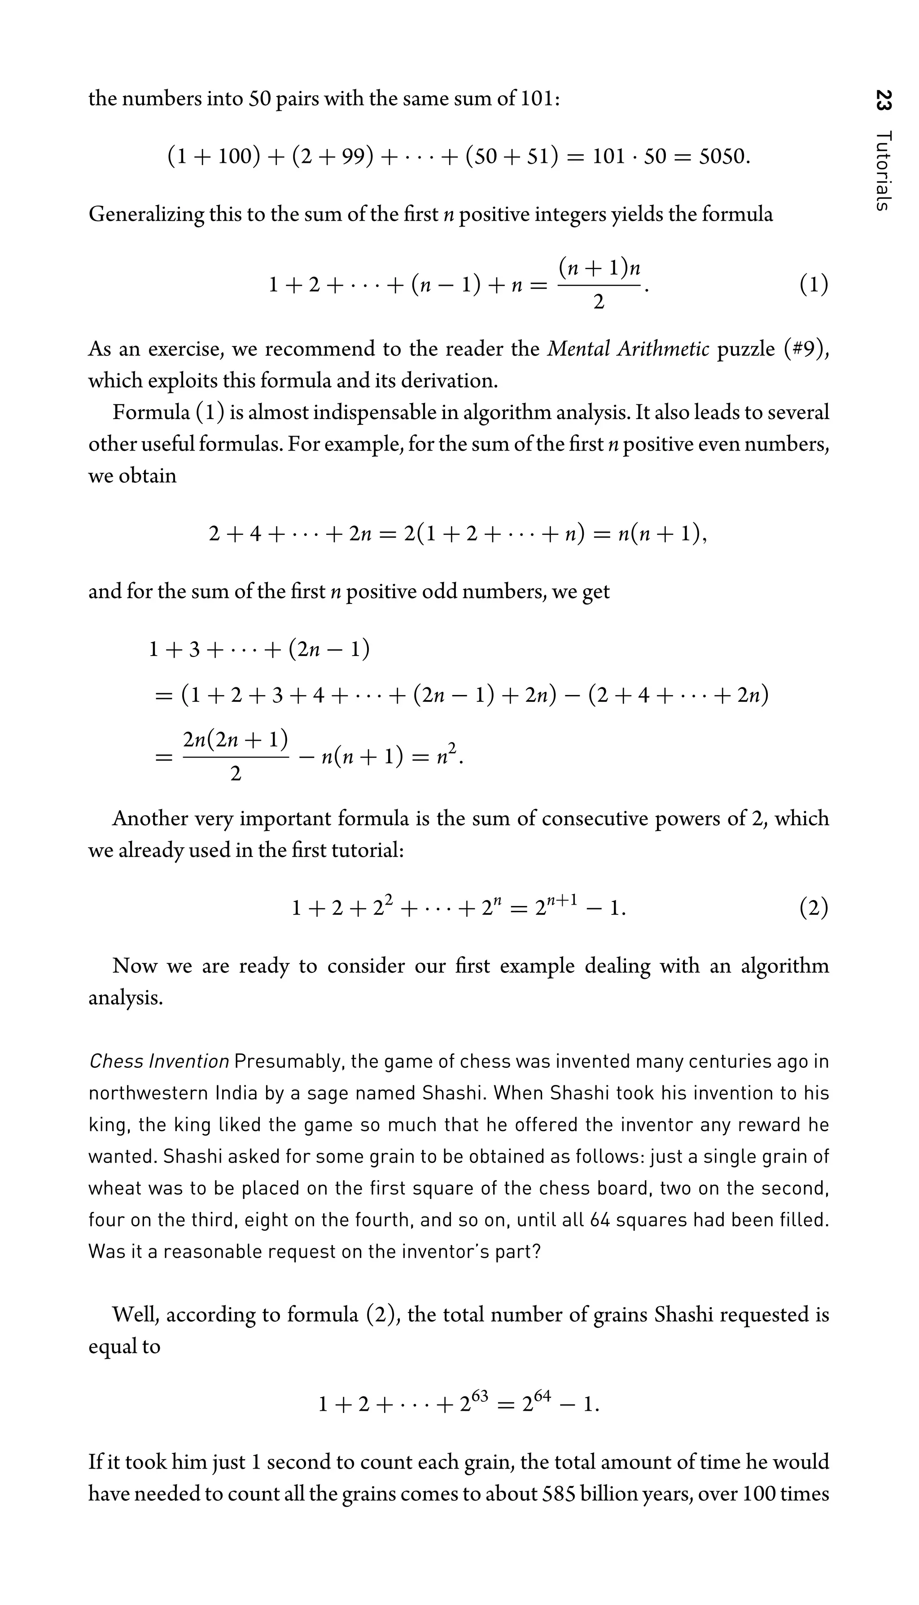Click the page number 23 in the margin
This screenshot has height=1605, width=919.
(884, 101)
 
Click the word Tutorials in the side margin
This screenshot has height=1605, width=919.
(884, 171)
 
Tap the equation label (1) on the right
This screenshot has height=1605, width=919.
(814, 285)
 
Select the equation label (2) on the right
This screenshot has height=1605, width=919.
(814, 908)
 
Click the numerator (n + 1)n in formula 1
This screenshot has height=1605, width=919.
(600, 268)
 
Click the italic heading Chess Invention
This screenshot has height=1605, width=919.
(158, 1062)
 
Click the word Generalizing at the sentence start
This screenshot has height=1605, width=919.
(146, 214)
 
